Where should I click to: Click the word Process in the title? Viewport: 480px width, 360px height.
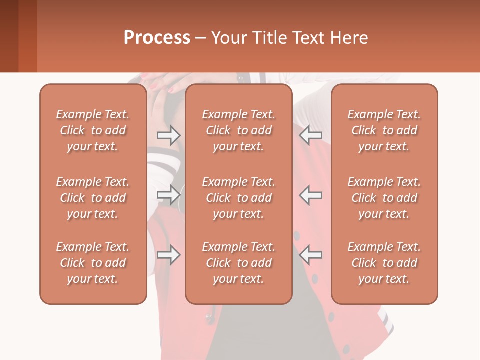pos(157,38)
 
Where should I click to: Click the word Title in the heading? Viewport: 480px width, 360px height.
pos(267,38)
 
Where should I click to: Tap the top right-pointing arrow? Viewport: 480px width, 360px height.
pos(169,135)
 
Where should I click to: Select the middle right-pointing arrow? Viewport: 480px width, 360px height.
pos(169,195)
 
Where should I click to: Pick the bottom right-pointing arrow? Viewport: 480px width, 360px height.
pos(169,255)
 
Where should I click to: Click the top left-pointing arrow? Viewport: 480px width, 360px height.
pos(311,135)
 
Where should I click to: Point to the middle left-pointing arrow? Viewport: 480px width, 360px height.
pos(311,195)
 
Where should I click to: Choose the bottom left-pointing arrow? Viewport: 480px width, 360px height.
pos(311,255)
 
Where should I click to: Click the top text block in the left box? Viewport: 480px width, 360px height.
pos(93,130)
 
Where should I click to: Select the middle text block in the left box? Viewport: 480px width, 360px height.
pos(93,198)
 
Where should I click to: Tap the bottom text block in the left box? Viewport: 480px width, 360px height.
pos(93,263)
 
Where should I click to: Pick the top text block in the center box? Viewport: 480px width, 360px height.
pos(239,130)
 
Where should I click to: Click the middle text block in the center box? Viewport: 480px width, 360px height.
pos(239,198)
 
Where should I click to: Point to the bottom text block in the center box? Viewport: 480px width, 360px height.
pos(239,263)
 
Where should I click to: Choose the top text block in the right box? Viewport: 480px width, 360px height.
pos(384,130)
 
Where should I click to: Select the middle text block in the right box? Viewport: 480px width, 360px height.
pos(384,198)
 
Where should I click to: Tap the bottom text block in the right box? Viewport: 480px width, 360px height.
pos(384,263)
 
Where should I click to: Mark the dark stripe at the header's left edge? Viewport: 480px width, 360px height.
pos(9,36)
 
